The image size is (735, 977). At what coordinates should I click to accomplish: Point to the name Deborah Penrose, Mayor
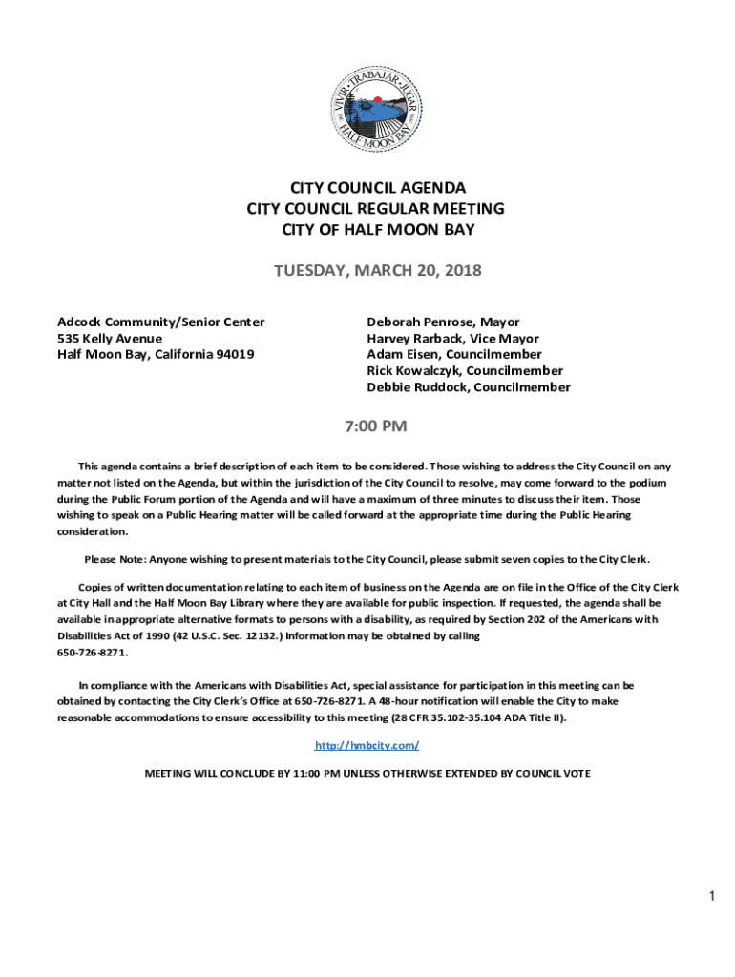[x=443, y=322]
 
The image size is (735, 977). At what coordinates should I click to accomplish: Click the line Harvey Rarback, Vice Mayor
[x=452, y=339]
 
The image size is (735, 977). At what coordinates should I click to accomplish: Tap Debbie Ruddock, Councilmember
[x=469, y=387]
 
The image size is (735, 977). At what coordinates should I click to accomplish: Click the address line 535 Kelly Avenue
[x=110, y=339]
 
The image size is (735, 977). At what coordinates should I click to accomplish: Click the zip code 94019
[x=233, y=355]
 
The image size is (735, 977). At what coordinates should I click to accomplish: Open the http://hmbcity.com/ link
[x=367, y=744]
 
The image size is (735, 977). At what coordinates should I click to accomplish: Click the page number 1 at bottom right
[x=711, y=897]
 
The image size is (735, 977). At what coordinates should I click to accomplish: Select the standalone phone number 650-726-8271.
[x=93, y=653]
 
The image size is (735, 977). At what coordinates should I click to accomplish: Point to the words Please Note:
[x=115, y=559]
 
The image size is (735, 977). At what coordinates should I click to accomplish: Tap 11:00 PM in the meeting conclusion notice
[x=311, y=773]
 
